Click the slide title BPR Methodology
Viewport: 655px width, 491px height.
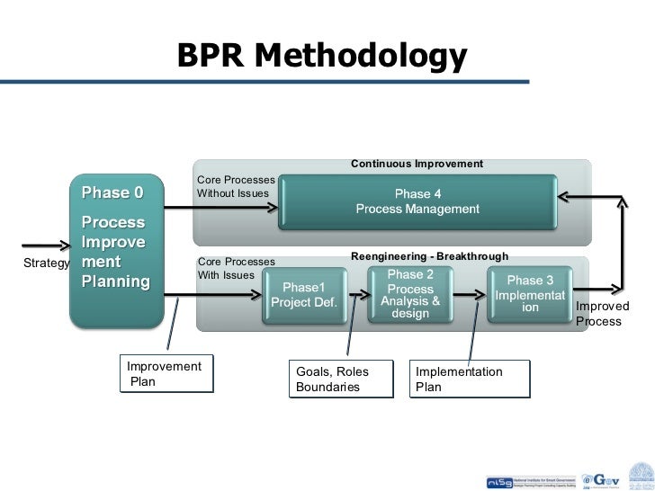coord(322,56)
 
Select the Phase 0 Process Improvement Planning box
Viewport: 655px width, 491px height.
coord(117,252)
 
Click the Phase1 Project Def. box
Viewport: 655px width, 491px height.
coord(304,295)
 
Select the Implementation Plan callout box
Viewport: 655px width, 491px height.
coord(470,379)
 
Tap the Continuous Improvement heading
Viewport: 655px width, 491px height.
coord(417,164)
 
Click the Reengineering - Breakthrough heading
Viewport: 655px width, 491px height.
coord(429,257)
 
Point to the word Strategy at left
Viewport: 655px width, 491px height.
coord(47,263)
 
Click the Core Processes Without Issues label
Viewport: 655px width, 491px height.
coord(235,186)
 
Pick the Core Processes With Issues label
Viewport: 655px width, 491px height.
coord(235,268)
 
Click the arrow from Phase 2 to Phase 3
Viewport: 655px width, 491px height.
coord(471,293)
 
